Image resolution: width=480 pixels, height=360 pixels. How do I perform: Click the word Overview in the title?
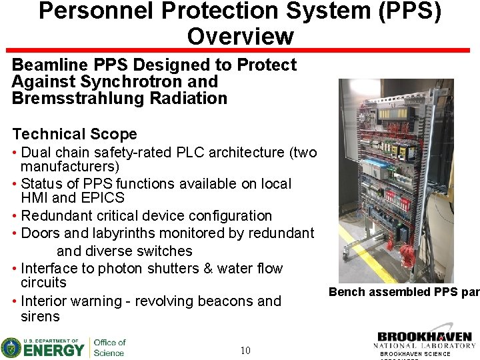[240, 36]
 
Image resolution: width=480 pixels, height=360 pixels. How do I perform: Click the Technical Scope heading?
[74, 134]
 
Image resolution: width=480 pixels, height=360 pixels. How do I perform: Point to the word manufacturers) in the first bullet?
[70, 166]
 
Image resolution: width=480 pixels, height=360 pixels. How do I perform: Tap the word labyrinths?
[144, 233]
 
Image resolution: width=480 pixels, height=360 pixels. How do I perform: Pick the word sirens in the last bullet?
[40, 317]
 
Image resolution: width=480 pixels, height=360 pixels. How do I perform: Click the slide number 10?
[245, 350]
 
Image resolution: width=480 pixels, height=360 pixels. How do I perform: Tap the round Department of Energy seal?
[11, 347]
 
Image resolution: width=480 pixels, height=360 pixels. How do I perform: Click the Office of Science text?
[109, 347]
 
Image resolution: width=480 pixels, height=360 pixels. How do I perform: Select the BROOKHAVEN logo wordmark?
[424, 337]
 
